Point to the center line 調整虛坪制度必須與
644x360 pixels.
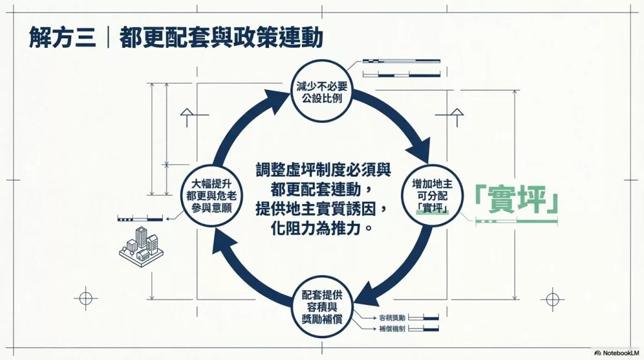click(322, 170)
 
